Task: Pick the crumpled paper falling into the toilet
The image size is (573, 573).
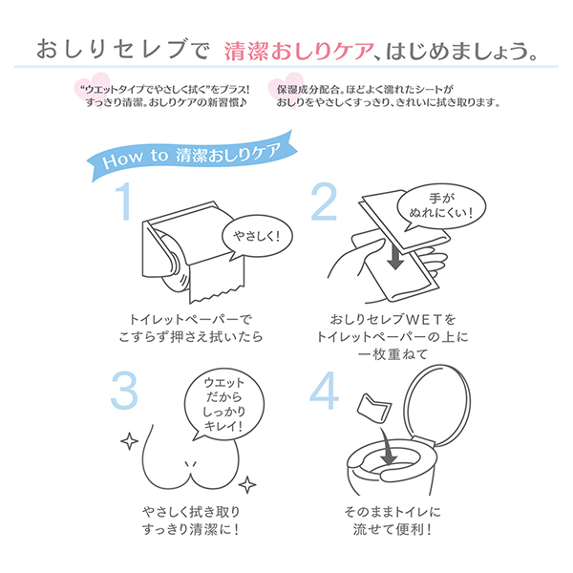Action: pyautogui.click(x=370, y=409)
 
